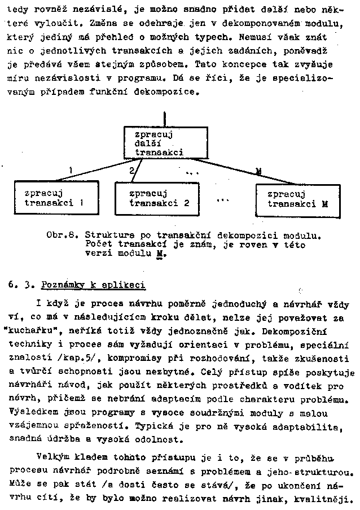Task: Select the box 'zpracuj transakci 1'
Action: pyautogui.click(x=49, y=198)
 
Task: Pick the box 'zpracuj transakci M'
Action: pyautogui.click(x=297, y=199)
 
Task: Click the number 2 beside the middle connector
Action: pyautogui.click(x=131, y=170)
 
